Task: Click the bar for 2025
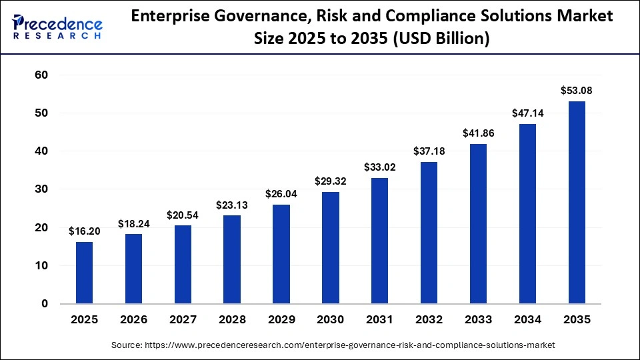point(84,273)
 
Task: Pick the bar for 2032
point(429,233)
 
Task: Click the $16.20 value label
point(85,231)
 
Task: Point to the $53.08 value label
point(577,90)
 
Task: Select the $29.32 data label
point(331,181)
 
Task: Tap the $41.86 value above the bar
point(479,133)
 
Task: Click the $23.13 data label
point(232,205)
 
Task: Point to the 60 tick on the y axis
point(41,75)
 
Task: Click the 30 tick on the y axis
point(41,189)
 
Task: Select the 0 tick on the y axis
point(45,304)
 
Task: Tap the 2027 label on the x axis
point(183,320)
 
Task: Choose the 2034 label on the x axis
point(527,320)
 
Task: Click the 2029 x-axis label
point(281,320)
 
